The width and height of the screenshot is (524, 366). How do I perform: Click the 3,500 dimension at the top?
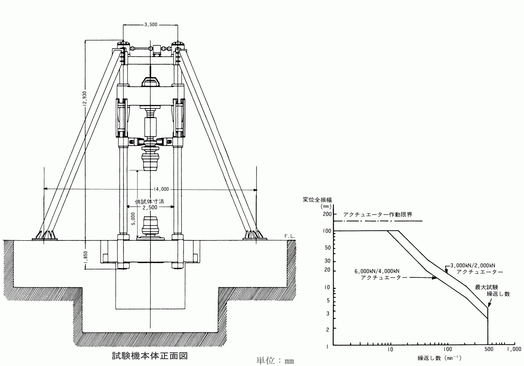(151, 25)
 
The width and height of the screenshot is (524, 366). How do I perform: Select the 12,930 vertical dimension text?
(85, 98)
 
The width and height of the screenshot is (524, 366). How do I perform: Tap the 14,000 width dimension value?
(161, 189)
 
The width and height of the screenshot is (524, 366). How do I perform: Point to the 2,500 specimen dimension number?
(150, 207)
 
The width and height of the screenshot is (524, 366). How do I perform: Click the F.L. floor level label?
(290, 236)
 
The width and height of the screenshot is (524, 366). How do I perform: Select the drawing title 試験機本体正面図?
(150, 356)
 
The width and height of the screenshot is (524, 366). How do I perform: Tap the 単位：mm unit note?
(275, 361)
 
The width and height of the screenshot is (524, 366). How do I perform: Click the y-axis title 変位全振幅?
(317, 200)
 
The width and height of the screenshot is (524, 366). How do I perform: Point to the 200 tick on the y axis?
(327, 214)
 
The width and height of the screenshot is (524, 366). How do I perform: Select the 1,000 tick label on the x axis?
(514, 349)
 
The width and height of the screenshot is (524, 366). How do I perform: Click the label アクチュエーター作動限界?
(378, 215)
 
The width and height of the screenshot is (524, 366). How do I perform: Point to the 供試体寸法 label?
(150, 201)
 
